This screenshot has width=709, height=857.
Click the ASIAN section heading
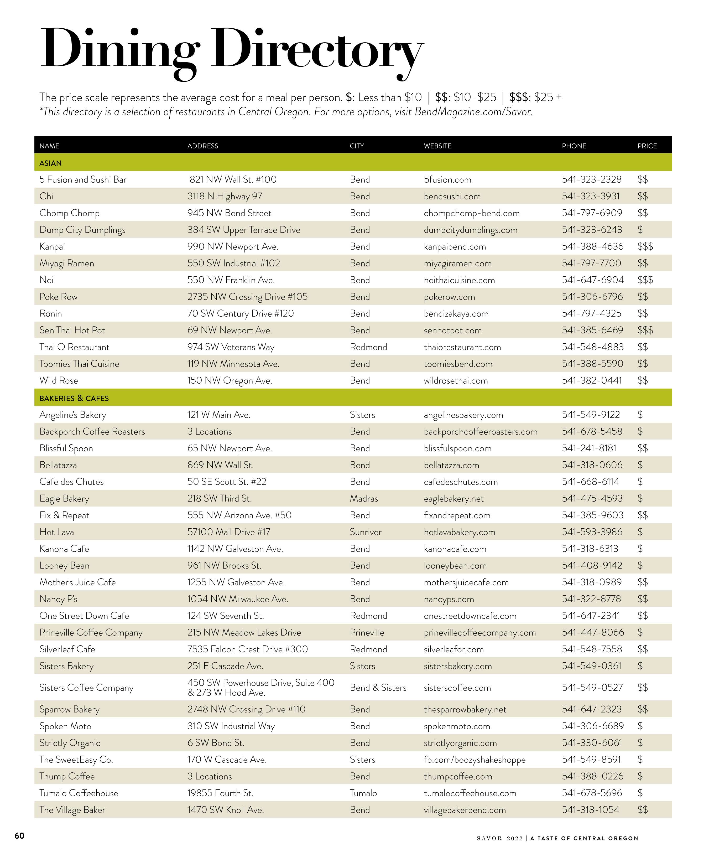pyautogui.click(x=51, y=163)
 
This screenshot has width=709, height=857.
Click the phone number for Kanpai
pyautogui.click(x=592, y=246)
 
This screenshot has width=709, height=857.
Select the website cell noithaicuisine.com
pyautogui.click(x=459, y=280)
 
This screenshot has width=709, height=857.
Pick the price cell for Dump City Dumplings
pyautogui.click(x=640, y=230)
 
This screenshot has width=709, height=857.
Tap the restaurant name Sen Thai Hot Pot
pyautogui.click(x=72, y=330)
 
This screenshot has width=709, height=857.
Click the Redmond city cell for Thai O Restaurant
pyautogui.click(x=368, y=347)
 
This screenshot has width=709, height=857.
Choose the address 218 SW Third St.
pyautogui.click(x=220, y=498)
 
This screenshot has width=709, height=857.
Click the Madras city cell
pyautogui.click(x=364, y=498)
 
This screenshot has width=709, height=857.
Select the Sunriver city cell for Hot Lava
pyautogui.click(x=366, y=532)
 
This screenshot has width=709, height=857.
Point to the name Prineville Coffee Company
pyautogui.click(x=91, y=633)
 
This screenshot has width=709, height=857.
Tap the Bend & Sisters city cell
pyautogui.click(x=378, y=688)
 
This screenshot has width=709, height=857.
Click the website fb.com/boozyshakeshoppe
pyautogui.click(x=475, y=760)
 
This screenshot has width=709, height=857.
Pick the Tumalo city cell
pyautogui.click(x=363, y=793)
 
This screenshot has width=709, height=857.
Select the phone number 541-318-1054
pyautogui.click(x=590, y=810)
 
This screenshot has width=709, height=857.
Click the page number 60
pyautogui.click(x=20, y=835)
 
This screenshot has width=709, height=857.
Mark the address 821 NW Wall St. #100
pyautogui.click(x=233, y=179)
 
